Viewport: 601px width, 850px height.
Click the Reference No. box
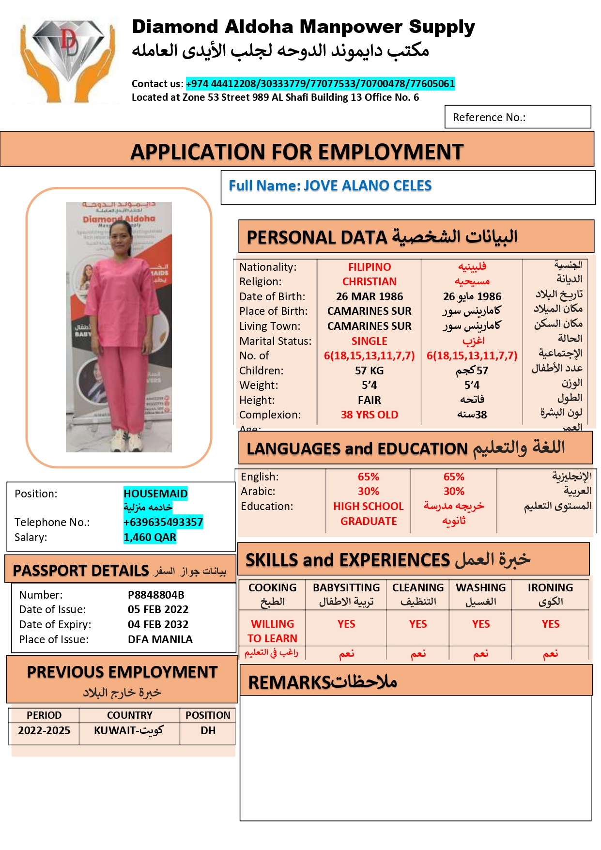(x=517, y=117)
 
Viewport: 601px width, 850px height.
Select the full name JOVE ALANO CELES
(x=368, y=186)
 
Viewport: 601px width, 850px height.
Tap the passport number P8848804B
(x=156, y=595)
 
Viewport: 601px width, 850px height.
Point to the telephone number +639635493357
(x=163, y=522)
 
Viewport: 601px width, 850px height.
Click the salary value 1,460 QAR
(x=150, y=537)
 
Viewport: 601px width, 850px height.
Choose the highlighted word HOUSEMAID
(x=155, y=494)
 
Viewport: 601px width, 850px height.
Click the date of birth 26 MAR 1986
(x=369, y=296)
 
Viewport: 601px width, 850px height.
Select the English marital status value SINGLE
(x=369, y=341)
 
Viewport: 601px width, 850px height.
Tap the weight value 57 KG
(x=369, y=371)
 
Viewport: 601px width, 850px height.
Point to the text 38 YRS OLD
(x=369, y=415)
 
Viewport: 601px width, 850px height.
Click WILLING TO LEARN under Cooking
(x=272, y=631)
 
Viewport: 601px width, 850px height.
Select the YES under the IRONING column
(x=550, y=624)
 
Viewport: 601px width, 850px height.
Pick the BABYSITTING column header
(x=346, y=588)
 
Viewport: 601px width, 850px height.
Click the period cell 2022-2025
(x=44, y=730)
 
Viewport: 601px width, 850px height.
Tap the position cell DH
(x=208, y=730)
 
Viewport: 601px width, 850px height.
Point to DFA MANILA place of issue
(x=160, y=639)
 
